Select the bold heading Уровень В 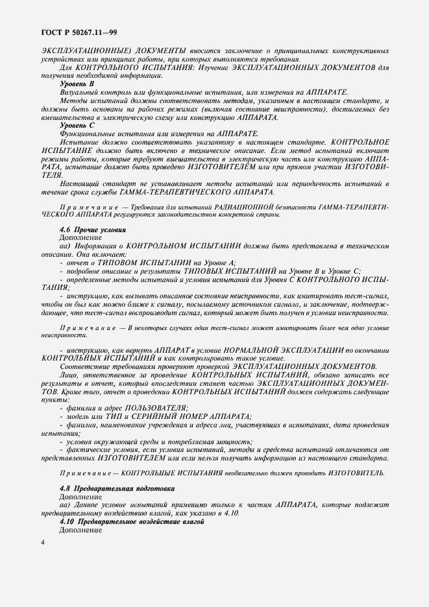click(77, 84)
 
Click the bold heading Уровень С click(77, 125)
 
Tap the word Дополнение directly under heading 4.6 click(80, 239)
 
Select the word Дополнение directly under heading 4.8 click(80, 495)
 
